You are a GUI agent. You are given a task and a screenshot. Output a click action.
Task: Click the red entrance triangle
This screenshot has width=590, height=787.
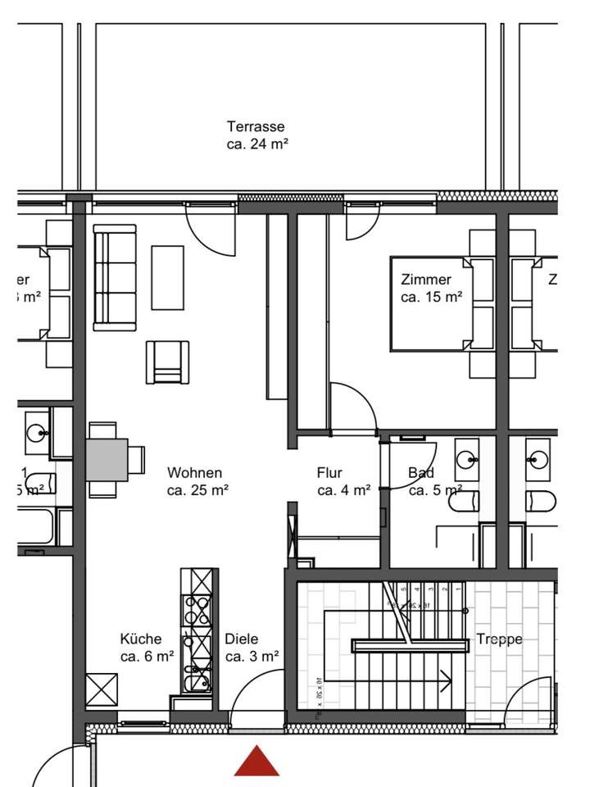click(x=257, y=762)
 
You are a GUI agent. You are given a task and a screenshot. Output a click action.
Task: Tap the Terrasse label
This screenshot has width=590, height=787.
click(x=256, y=127)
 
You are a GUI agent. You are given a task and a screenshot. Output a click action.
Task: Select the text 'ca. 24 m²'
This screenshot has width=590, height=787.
click(x=256, y=144)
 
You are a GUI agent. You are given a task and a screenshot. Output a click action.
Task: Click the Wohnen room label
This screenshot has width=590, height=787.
click(x=194, y=473)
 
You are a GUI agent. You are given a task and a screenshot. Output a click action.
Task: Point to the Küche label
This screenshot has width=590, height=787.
click(x=140, y=639)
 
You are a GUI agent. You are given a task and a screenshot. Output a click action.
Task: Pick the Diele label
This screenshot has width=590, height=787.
click(x=242, y=639)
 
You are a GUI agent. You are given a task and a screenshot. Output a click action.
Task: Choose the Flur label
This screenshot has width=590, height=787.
click(x=329, y=473)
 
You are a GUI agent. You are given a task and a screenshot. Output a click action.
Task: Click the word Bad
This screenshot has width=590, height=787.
click(x=421, y=473)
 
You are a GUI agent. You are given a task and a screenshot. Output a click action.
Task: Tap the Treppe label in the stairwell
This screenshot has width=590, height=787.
click(x=499, y=639)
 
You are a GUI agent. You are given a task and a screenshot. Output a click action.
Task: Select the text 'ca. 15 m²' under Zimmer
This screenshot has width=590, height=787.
click(x=431, y=297)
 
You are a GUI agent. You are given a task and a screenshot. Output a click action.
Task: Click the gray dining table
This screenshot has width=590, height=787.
click(x=107, y=459)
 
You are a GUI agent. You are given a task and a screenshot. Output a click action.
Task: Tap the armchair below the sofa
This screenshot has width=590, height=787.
click(x=167, y=362)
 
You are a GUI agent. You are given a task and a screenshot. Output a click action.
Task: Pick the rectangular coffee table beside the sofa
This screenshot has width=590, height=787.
click(x=168, y=278)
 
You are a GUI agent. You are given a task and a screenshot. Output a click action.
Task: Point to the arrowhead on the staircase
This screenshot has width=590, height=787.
click(x=447, y=680)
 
